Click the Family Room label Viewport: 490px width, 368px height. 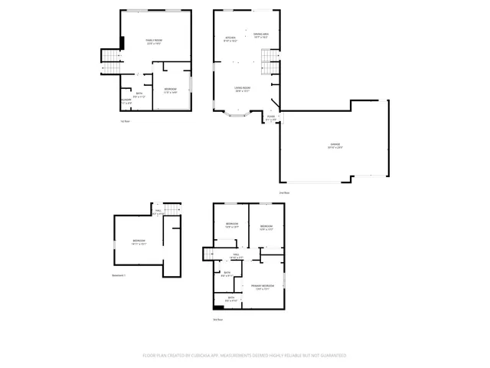pyautogui.click(x=154, y=41)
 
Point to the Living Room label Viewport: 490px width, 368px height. pyautogui.click(x=243, y=90)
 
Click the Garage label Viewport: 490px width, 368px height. pyautogui.click(x=335, y=146)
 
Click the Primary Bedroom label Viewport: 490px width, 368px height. pyautogui.click(x=263, y=287)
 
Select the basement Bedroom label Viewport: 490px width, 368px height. pyautogui.click(x=139, y=242)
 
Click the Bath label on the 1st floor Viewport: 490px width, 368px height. pyautogui.click(x=139, y=96)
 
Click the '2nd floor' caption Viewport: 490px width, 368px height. pyautogui.click(x=283, y=192)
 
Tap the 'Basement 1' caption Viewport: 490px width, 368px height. pyautogui.click(x=119, y=274)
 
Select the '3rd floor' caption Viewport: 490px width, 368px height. pyautogui.click(x=218, y=319)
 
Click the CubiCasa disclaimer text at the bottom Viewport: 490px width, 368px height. pyautogui.click(x=244, y=356)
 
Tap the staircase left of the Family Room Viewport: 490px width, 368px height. pyautogui.click(x=112, y=60)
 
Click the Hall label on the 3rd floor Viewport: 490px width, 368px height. pyautogui.click(x=237, y=256)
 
